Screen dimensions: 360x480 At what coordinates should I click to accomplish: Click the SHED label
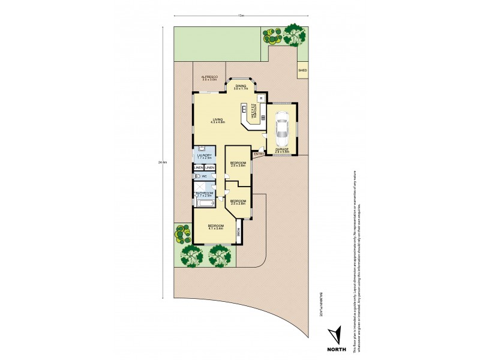click(302, 70)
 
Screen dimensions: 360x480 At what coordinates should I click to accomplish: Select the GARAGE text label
click(281, 149)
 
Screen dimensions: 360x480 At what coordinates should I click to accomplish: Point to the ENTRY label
click(259, 154)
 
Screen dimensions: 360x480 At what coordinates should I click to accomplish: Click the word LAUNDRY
click(203, 155)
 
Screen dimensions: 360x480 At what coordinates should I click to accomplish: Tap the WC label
click(204, 176)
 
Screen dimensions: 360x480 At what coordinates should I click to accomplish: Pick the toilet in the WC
click(197, 176)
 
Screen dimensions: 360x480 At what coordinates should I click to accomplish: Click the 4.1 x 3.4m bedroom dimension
click(215, 229)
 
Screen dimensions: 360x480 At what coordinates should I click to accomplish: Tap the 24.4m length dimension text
click(161, 162)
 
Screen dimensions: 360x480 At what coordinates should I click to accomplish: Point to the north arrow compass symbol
click(336, 334)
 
